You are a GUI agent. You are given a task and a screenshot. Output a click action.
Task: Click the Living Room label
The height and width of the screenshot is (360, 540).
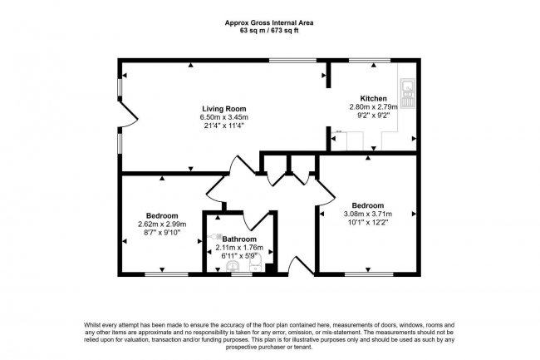(223, 108)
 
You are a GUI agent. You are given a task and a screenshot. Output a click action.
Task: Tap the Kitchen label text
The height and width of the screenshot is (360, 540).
(373, 98)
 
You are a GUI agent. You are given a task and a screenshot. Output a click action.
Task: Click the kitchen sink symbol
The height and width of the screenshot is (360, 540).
(408, 86)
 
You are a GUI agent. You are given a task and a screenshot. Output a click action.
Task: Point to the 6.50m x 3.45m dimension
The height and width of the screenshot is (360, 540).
(223, 117)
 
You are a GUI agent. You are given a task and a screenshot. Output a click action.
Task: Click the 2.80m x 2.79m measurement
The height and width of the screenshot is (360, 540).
(373, 107)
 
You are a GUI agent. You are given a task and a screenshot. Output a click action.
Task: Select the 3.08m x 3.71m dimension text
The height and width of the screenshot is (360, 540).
(367, 215)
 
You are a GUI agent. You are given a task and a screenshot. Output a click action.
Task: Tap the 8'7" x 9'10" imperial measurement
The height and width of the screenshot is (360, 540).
(162, 233)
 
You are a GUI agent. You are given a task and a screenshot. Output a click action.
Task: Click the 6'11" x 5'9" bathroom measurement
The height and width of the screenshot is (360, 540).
(238, 256)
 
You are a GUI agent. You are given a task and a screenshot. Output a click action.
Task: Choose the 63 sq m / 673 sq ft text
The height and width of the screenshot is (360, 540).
(269, 30)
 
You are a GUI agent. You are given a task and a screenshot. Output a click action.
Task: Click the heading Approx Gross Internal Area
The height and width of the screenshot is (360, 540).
(269, 22)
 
